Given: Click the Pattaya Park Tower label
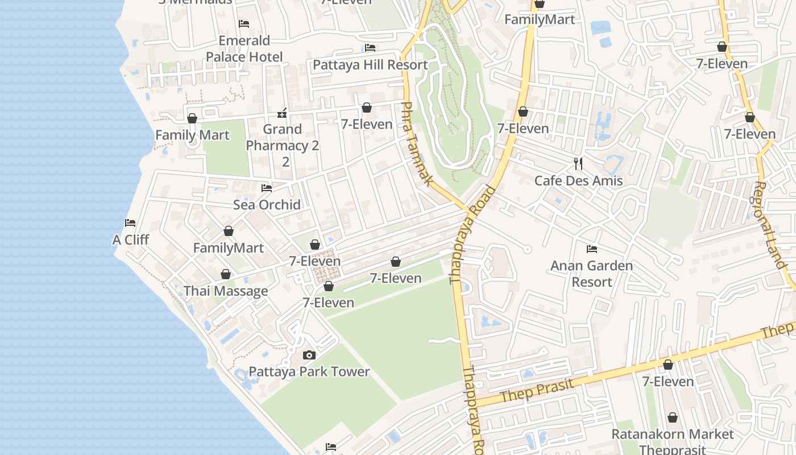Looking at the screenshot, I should pos(309,372).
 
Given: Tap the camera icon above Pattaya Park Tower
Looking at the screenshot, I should pos(309,355).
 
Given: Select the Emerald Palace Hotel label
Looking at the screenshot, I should pos(244,49).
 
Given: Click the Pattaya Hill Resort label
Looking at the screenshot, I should pos(370,65).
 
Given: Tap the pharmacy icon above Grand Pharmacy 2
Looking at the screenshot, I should pos(282,113).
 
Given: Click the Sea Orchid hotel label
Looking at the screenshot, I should pos(267,205).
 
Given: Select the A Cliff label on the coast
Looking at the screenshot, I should pos(130,240).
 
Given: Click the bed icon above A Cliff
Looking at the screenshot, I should pos(130,223).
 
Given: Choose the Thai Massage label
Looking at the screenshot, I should pos(226,291).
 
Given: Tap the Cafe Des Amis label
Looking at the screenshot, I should pos(578,181).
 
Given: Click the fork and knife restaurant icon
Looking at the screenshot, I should pos(578,164).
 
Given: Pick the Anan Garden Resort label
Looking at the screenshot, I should pos(591,274).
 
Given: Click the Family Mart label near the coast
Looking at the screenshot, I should pos(192,135).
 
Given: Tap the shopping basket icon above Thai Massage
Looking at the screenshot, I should pos(226,275).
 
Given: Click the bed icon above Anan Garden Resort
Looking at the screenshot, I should pos(592,249).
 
